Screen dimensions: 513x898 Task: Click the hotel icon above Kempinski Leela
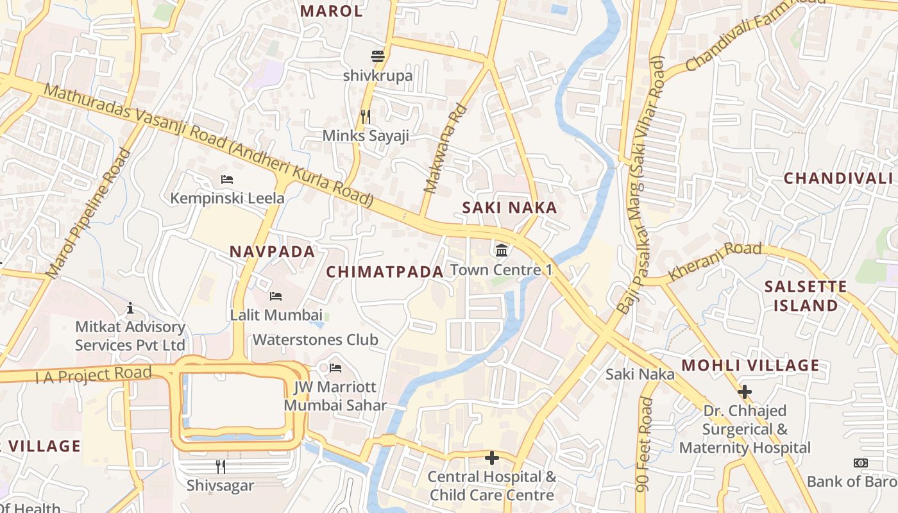[x=226, y=180]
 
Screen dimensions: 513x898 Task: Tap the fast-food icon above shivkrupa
[x=378, y=56]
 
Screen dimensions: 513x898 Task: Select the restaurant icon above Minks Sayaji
[x=366, y=116]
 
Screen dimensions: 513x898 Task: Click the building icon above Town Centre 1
[x=502, y=249]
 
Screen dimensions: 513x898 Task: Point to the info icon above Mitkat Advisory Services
[x=130, y=308]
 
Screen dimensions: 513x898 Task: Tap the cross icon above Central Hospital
[x=492, y=458]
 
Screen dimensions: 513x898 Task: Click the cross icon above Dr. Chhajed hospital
[x=745, y=391]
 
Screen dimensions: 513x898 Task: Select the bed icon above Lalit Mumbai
[x=276, y=296]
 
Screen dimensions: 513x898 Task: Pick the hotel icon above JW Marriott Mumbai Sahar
[x=335, y=368]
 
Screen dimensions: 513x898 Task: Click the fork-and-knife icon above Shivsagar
[x=220, y=466]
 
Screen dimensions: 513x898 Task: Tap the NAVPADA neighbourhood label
[x=273, y=252]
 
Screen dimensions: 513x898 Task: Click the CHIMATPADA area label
[x=385, y=272]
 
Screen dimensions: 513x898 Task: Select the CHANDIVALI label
[x=838, y=178]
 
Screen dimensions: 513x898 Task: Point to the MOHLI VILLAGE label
[x=750, y=366]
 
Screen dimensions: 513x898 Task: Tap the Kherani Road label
[x=715, y=261]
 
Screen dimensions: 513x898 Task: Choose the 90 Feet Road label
[x=645, y=444]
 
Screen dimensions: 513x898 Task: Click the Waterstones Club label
[x=316, y=339]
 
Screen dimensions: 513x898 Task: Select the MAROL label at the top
[x=331, y=11]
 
